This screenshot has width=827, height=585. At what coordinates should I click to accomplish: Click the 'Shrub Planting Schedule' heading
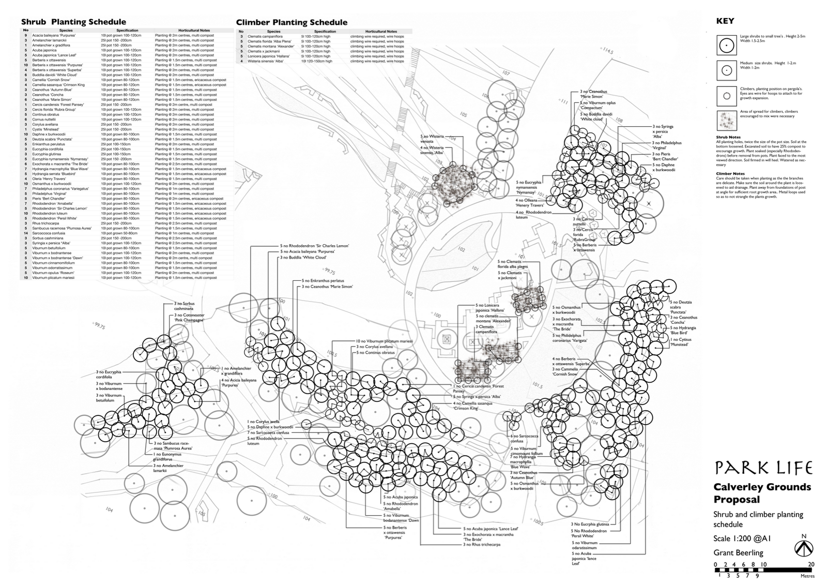coord(73,22)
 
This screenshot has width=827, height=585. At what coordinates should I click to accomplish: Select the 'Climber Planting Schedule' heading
coord(292,22)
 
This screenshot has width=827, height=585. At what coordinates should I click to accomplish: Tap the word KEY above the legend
coord(725,22)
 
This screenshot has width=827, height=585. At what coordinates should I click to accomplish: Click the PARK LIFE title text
coord(763,468)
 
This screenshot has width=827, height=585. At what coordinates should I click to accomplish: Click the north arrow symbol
coord(803,547)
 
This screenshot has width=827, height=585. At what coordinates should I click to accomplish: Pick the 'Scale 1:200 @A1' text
coord(742,538)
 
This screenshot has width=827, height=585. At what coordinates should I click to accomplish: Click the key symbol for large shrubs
coord(726,45)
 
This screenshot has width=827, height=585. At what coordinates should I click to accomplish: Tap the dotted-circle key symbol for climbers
coord(726,95)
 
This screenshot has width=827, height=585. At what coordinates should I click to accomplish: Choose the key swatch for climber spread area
coord(726,121)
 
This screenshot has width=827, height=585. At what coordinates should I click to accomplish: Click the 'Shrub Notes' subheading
coord(728,138)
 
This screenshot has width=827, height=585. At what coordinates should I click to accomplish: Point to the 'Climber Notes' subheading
coord(730,174)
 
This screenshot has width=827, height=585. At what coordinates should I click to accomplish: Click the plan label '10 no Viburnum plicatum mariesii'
coord(384,341)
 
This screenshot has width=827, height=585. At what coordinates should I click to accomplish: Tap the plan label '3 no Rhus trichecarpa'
coord(481,544)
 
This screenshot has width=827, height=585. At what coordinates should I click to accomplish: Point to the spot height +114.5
coord(605,51)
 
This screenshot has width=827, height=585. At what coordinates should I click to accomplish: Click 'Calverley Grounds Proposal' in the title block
coord(762,493)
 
